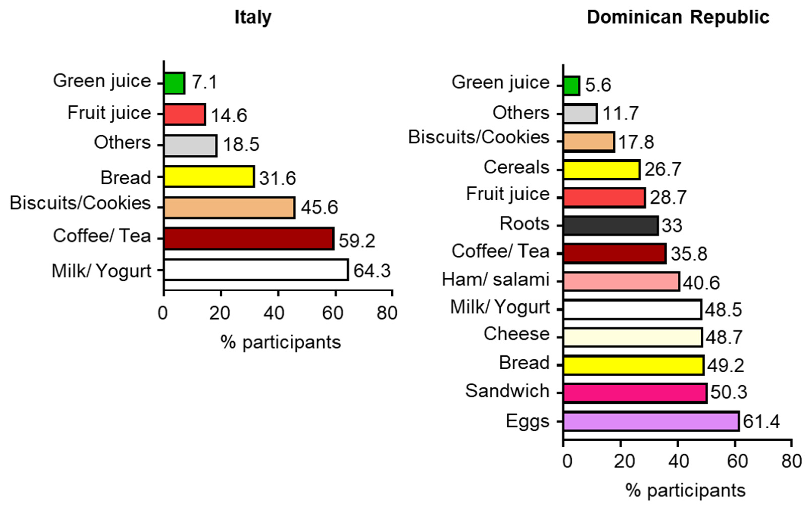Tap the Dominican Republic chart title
click(x=678, y=17)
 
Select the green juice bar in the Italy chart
click(x=174, y=83)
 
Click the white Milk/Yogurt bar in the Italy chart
click(x=256, y=269)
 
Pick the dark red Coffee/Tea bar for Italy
click(x=249, y=239)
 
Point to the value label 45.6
click(x=319, y=207)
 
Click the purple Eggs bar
click(x=651, y=421)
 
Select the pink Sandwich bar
click(x=635, y=393)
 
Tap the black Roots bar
click(x=610, y=225)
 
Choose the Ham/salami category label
click(x=495, y=280)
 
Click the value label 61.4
click(x=761, y=421)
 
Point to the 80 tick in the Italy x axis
click(x=387, y=313)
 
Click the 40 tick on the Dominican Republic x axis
click(x=678, y=461)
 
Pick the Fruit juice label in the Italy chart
click(x=109, y=113)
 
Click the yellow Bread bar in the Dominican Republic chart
click(x=634, y=365)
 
